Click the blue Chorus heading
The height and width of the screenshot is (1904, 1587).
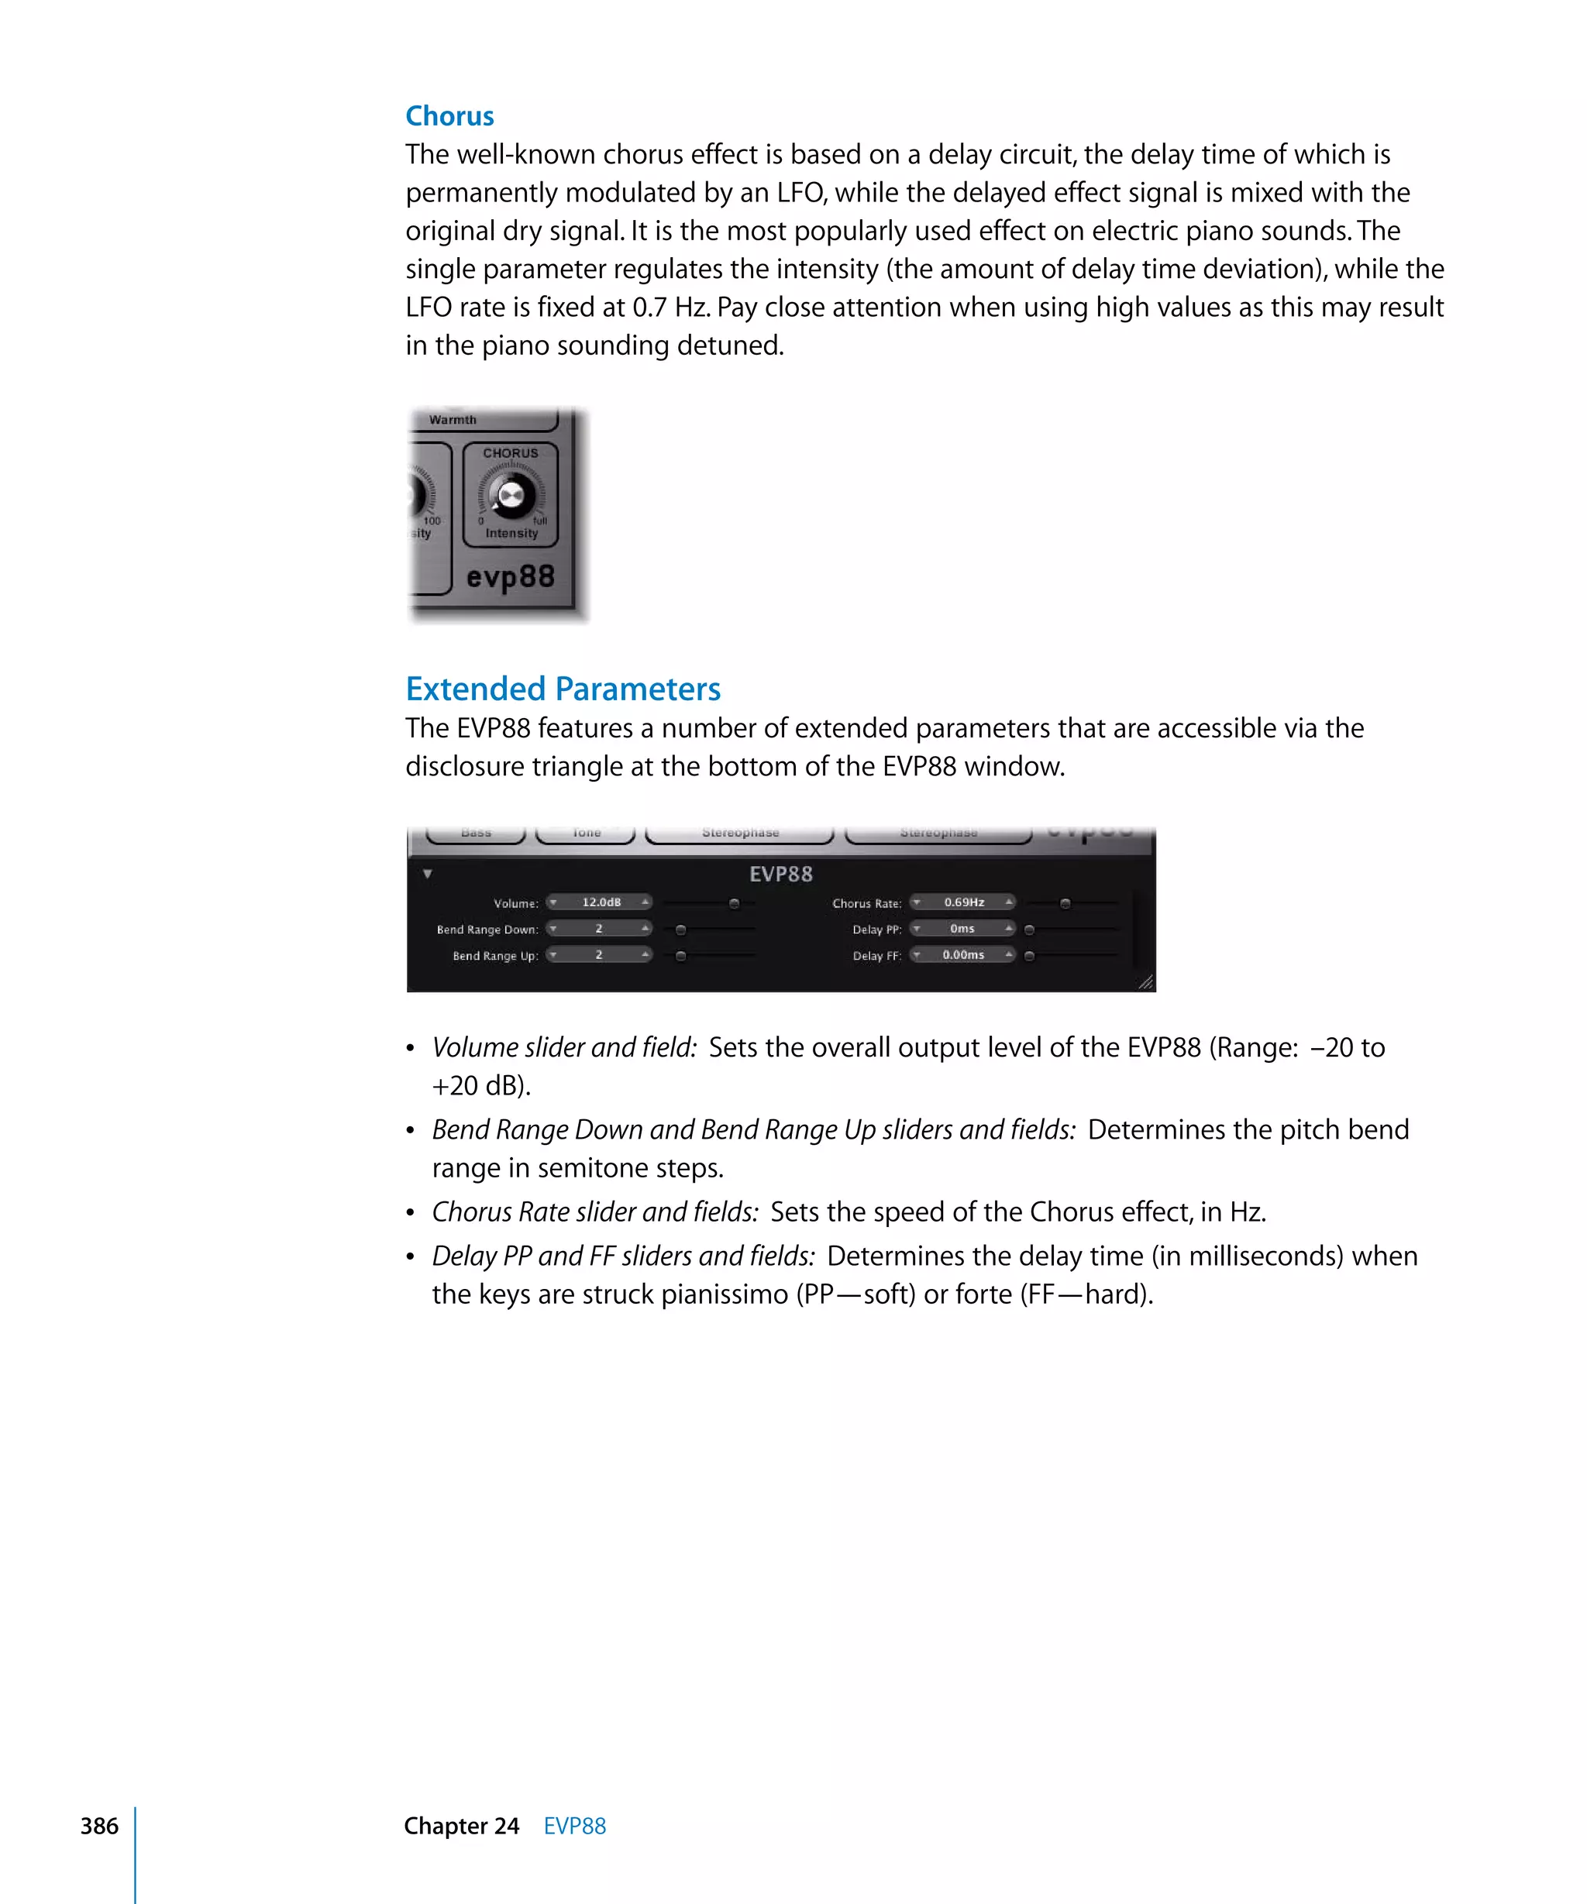[449, 116]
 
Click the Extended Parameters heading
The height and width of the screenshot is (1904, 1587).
[563, 689]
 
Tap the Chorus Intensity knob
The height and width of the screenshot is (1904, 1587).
[511, 495]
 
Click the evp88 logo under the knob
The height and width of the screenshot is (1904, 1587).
[510, 576]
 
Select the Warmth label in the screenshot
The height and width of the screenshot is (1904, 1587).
[453, 420]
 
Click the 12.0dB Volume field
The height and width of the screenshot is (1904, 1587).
[601, 902]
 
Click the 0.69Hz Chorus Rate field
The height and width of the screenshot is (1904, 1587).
[963, 902]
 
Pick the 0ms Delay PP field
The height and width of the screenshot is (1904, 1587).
[962, 929]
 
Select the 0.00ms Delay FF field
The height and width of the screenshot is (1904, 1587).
[962, 955]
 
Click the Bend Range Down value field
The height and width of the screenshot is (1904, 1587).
[598, 929]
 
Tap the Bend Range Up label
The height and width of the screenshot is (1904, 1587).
[495, 956]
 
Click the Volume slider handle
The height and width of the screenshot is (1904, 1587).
[735, 904]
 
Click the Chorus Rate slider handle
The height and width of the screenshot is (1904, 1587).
[1065, 904]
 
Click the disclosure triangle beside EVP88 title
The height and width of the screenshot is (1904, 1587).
[427, 874]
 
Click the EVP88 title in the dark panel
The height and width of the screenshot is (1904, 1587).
[781, 874]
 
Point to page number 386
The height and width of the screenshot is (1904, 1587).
[99, 1825]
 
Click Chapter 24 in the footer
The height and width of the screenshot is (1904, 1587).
[461, 1825]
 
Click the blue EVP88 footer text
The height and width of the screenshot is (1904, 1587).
[574, 1825]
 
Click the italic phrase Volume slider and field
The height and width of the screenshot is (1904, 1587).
[564, 1047]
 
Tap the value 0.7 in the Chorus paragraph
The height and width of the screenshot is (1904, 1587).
[649, 308]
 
